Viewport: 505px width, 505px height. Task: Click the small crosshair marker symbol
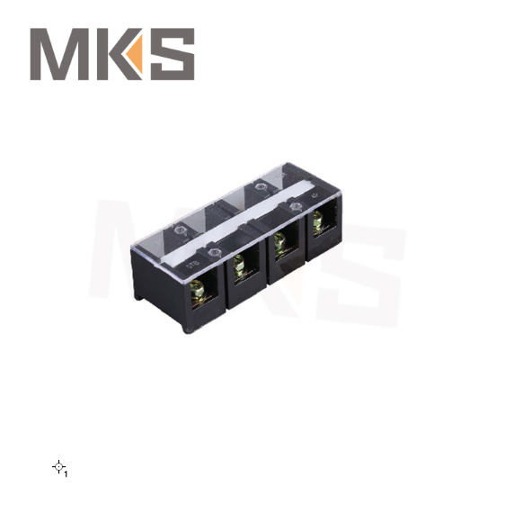[58, 465]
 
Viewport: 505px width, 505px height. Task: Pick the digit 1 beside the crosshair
[66, 473]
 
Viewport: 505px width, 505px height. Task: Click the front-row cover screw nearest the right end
[297, 209]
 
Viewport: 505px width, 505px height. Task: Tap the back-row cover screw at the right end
[261, 188]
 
